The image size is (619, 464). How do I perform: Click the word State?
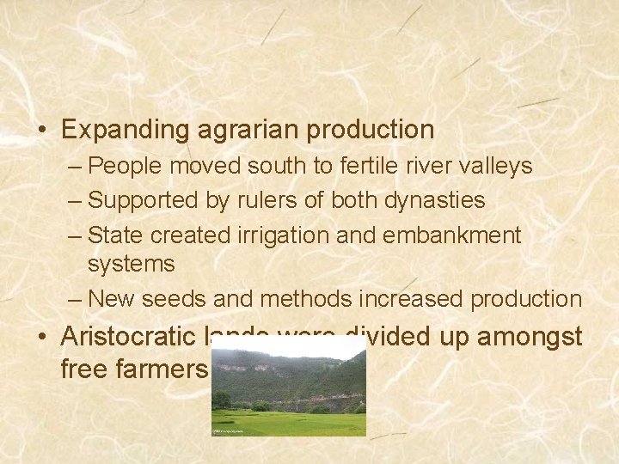coord(113,235)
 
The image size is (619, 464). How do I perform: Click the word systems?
coord(131,264)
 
